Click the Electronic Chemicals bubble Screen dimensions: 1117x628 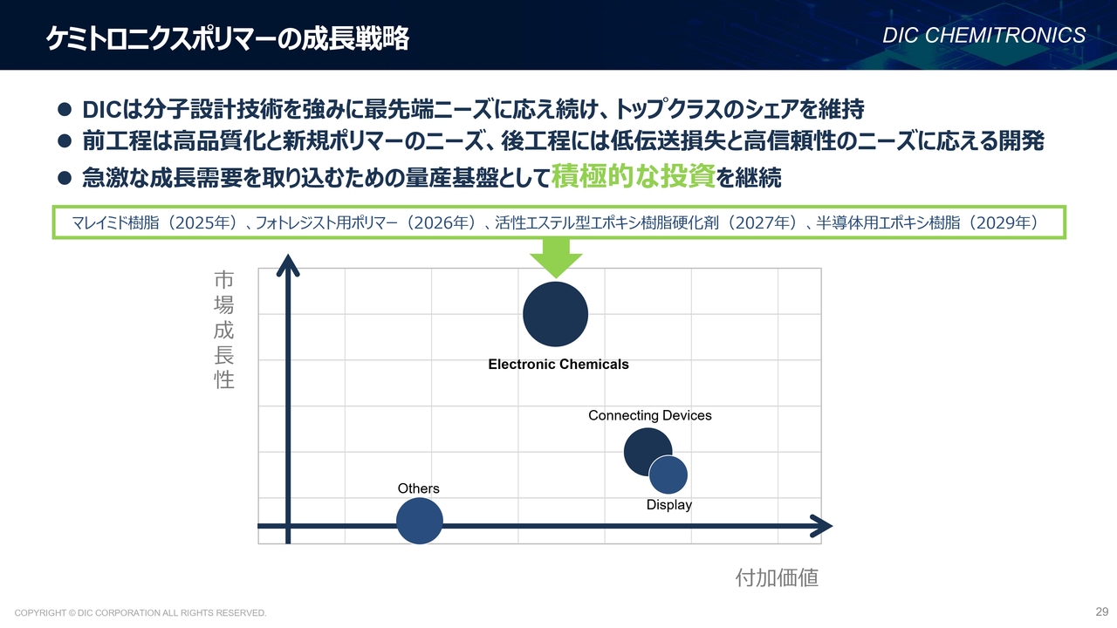[x=556, y=314]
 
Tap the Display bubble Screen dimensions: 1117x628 [x=668, y=475]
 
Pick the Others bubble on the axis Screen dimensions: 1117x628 [x=420, y=521]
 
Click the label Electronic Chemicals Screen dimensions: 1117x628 [x=558, y=365]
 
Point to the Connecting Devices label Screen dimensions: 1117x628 [x=650, y=415]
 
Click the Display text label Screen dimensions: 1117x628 [x=668, y=505]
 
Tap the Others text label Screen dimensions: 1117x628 [x=418, y=488]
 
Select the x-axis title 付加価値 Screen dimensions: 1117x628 [x=777, y=577]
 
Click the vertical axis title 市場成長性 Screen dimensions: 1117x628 [x=224, y=330]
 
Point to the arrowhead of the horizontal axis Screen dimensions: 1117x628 [x=832, y=526]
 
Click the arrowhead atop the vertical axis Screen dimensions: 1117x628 [x=288, y=256]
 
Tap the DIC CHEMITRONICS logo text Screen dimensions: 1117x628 [x=983, y=36]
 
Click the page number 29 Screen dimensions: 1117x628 [x=1101, y=611]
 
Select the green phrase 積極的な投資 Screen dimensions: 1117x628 [x=634, y=176]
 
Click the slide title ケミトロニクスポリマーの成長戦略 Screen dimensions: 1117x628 [x=228, y=38]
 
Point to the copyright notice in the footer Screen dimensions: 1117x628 [x=140, y=612]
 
